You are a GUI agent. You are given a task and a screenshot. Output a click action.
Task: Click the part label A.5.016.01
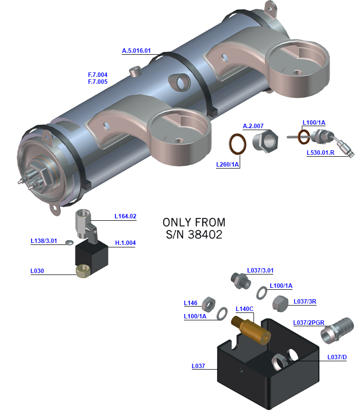[136, 51]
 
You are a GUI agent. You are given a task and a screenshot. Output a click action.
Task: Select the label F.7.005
[98, 82]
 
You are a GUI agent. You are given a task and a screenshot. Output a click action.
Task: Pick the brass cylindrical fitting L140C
[251, 330]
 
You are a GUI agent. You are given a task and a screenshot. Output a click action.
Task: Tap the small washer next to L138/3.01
[70, 242]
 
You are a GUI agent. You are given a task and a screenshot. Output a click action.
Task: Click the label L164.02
[125, 216]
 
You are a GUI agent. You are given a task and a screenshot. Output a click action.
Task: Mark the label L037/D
[337, 357]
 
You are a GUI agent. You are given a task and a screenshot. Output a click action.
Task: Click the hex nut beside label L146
[209, 303]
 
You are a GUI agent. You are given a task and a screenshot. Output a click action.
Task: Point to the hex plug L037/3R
[280, 303]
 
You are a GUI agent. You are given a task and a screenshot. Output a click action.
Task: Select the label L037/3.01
[260, 271]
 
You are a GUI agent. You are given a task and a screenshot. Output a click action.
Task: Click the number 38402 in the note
[205, 235]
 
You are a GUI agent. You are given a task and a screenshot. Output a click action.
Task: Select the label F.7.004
[98, 75]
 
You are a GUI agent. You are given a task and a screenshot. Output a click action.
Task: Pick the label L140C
[245, 309]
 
